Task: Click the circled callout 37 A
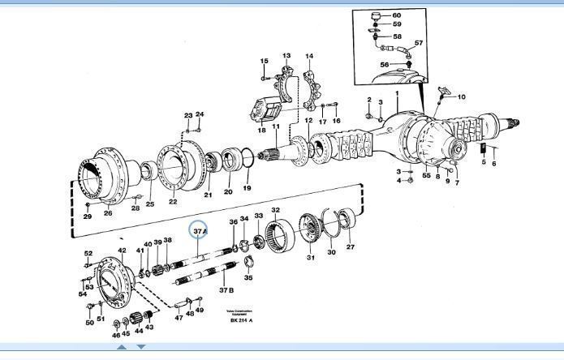pos(200,230)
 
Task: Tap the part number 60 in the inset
pos(396,15)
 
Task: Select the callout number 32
pos(276,211)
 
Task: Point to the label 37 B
pos(226,289)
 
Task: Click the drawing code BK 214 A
pos(241,320)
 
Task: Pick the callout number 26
pos(108,214)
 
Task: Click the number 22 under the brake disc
pos(173,202)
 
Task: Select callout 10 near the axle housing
pos(462,97)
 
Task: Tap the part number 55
pos(426,175)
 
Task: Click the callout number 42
pos(122,251)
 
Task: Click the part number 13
pos(286,56)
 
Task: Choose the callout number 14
pos(309,57)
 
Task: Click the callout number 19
pos(248,188)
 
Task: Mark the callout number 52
pos(88,254)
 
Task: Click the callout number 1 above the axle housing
pos(397,94)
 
